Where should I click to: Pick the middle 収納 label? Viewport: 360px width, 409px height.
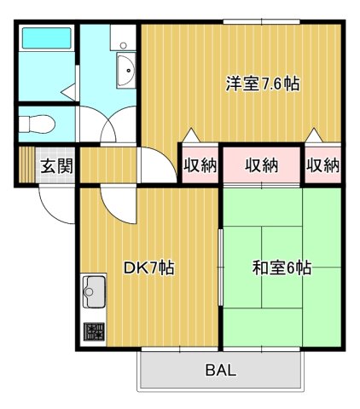pyautogui.click(x=262, y=165)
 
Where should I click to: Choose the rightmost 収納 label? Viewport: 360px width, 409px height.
pyautogui.click(x=323, y=165)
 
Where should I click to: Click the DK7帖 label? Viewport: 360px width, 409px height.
pyautogui.click(x=149, y=268)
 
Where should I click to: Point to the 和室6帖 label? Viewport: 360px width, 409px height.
pyautogui.click(x=281, y=268)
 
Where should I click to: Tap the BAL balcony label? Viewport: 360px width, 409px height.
pyautogui.click(x=220, y=371)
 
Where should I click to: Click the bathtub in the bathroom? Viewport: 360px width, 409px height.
pyautogui.click(x=46, y=40)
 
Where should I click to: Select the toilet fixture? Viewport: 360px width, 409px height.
pyautogui.click(x=38, y=124)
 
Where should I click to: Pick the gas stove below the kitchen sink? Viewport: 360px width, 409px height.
pyautogui.click(x=92, y=331)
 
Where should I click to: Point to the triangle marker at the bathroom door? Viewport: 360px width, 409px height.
pyautogui.click(x=68, y=90)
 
